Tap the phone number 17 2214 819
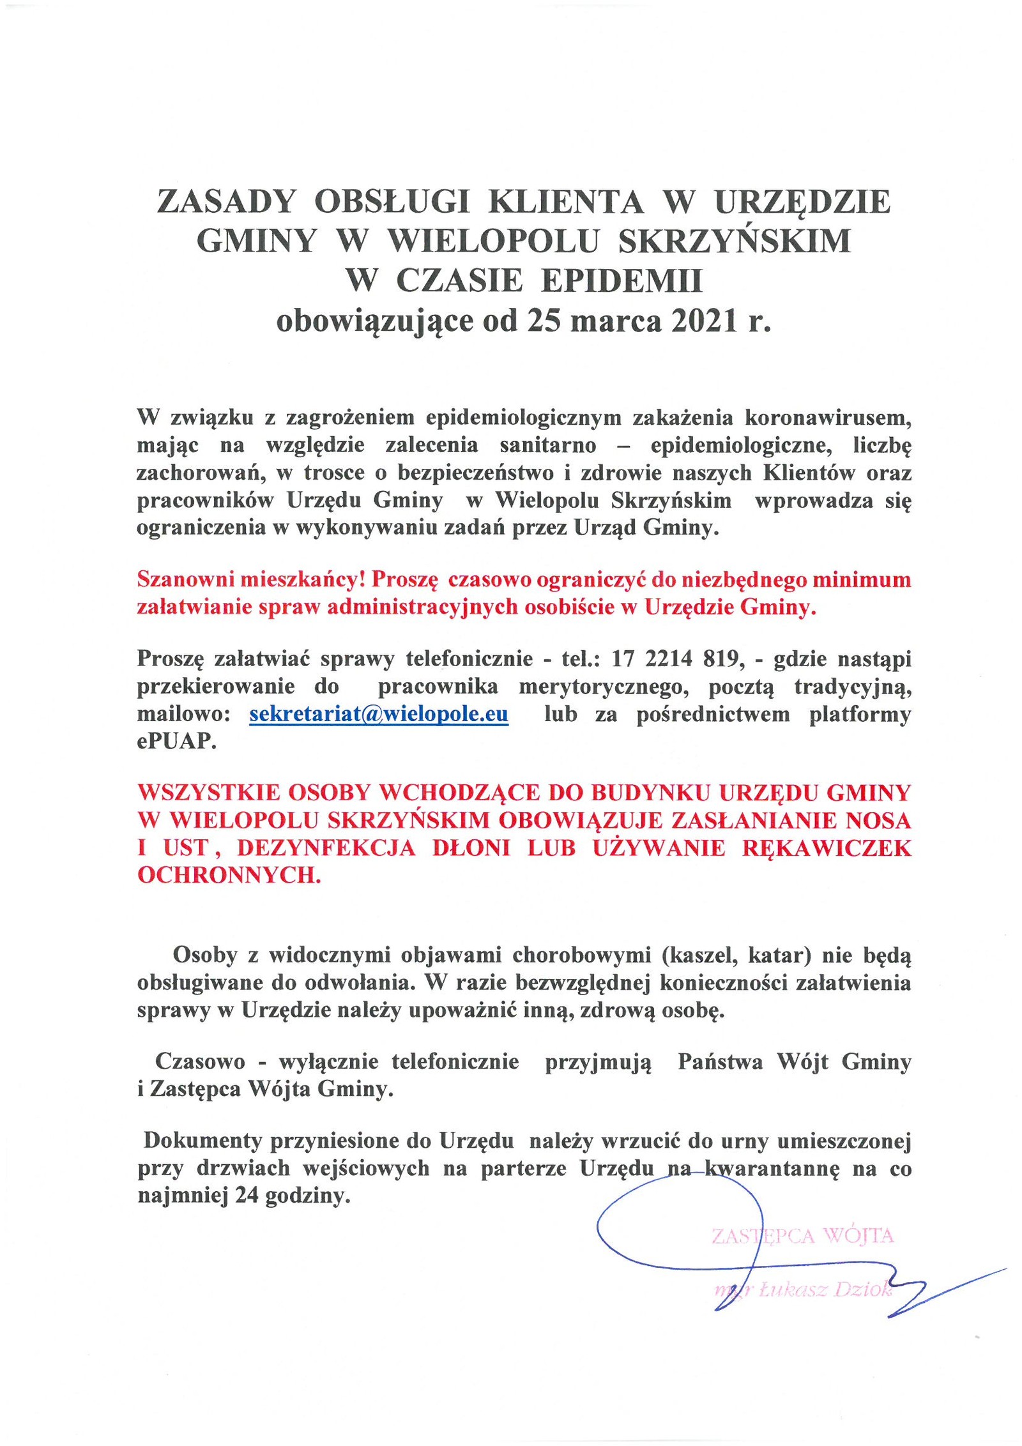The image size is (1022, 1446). pyautogui.click(x=677, y=658)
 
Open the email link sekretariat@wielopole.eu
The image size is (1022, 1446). pyautogui.click(x=379, y=714)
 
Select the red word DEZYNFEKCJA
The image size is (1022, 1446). pyautogui.click(x=326, y=848)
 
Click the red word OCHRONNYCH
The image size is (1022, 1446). pyautogui.click(x=229, y=876)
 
